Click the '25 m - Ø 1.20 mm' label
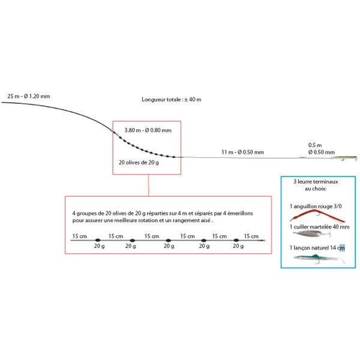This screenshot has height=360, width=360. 29,96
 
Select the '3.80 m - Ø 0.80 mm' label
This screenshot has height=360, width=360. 148,130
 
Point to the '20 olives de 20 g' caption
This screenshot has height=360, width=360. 139,163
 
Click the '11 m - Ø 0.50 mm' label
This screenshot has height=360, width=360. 242,152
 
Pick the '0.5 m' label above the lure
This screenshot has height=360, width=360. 314,145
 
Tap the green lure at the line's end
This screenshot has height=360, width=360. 344,159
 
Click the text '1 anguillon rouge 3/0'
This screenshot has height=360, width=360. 317,206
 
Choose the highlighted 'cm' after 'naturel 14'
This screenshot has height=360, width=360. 341,247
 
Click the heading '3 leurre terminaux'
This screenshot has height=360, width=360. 316,181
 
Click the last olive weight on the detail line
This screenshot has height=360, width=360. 238,241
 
